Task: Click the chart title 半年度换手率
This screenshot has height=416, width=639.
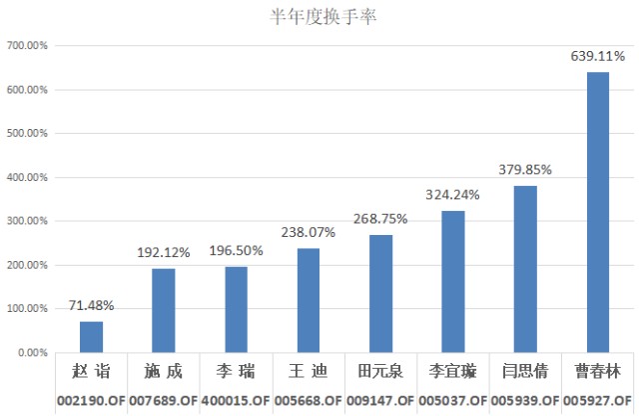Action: [319, 16]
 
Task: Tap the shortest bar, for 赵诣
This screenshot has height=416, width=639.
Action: [92, 337]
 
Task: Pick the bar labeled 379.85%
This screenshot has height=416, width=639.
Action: [525, 269]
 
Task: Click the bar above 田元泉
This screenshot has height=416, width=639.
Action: [380, 294]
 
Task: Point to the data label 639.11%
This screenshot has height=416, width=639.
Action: [597, 56]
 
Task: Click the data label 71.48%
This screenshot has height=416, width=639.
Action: [92, 305]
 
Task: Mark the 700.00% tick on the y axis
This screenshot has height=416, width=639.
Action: [28, 46]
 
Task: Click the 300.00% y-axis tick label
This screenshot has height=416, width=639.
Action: [28, 221]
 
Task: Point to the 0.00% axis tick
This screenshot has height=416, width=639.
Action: [34, 353]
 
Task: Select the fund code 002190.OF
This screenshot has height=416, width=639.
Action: [91, 399]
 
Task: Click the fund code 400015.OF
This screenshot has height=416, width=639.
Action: [236, 399]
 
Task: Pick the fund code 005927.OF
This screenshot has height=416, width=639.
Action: [597, 399]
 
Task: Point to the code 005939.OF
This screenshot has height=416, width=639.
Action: [525, 399]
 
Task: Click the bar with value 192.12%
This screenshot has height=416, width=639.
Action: [164, 310]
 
